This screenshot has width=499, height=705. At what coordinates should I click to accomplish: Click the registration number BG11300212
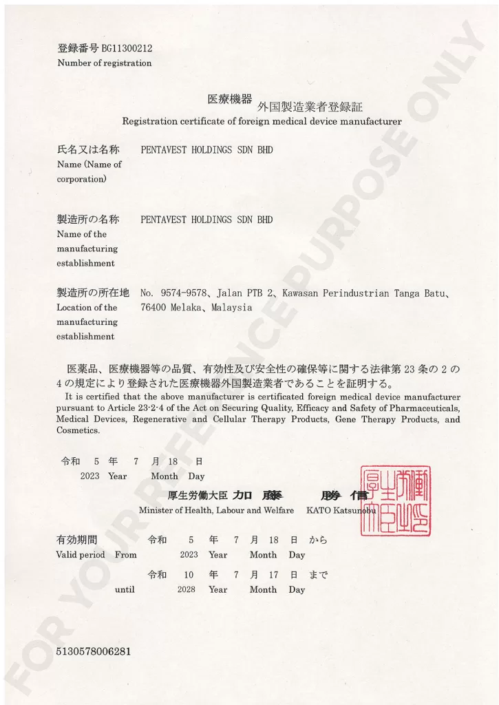tap(127, 48)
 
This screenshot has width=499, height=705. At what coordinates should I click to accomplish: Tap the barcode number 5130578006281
tap(94, 651)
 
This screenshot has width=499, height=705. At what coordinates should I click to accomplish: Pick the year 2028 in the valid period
tap(187, 589)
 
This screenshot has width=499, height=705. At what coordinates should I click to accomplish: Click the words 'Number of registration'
tap(104, 63)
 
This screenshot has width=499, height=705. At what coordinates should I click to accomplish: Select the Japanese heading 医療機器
tap(230, 99)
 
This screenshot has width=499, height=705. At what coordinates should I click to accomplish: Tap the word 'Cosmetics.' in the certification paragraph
tap(78, 430)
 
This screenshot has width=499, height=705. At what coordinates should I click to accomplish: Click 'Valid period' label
tap(81, 554)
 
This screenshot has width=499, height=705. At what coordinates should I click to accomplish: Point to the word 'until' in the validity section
tap(125, 589)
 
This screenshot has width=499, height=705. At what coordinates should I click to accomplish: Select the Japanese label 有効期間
tap(76, 539)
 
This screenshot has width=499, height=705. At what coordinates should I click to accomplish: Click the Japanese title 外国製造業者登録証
tap(309, 107)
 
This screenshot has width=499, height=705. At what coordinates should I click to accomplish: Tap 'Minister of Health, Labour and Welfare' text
tap(216, 510)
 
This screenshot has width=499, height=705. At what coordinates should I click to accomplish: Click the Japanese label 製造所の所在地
tap(92, 293)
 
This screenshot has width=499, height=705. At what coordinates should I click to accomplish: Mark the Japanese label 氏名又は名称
tap(87, 149)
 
